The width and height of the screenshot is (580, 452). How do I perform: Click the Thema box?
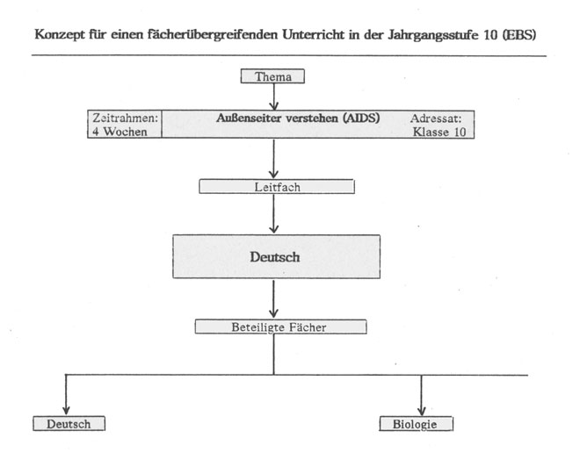tap(272, 76)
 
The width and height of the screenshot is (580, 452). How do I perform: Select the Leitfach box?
tap(277, 186)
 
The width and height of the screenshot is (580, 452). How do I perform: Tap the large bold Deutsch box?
tap(276, 256)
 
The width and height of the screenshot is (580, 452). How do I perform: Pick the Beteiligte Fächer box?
tap(280, 326)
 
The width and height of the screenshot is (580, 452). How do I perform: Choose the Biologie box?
tap(417, 424)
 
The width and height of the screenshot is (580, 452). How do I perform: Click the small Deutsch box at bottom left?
tap(69, 424)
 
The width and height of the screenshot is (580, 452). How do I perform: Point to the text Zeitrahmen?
tap(126, 118)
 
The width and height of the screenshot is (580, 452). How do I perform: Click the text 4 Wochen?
tap(120, 132)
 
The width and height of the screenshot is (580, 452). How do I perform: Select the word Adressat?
tap(436, 118)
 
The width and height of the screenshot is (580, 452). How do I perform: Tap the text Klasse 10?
tap(439, 132)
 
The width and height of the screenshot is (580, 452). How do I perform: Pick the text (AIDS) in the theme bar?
tap(361, 118)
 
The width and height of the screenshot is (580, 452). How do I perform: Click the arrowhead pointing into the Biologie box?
tap(421, 411)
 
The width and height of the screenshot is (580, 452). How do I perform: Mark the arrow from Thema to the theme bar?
tap(273, 97)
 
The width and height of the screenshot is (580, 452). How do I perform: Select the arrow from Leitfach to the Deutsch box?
tap(273, 213)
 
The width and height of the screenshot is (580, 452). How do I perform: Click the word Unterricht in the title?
tap(313, 35)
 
